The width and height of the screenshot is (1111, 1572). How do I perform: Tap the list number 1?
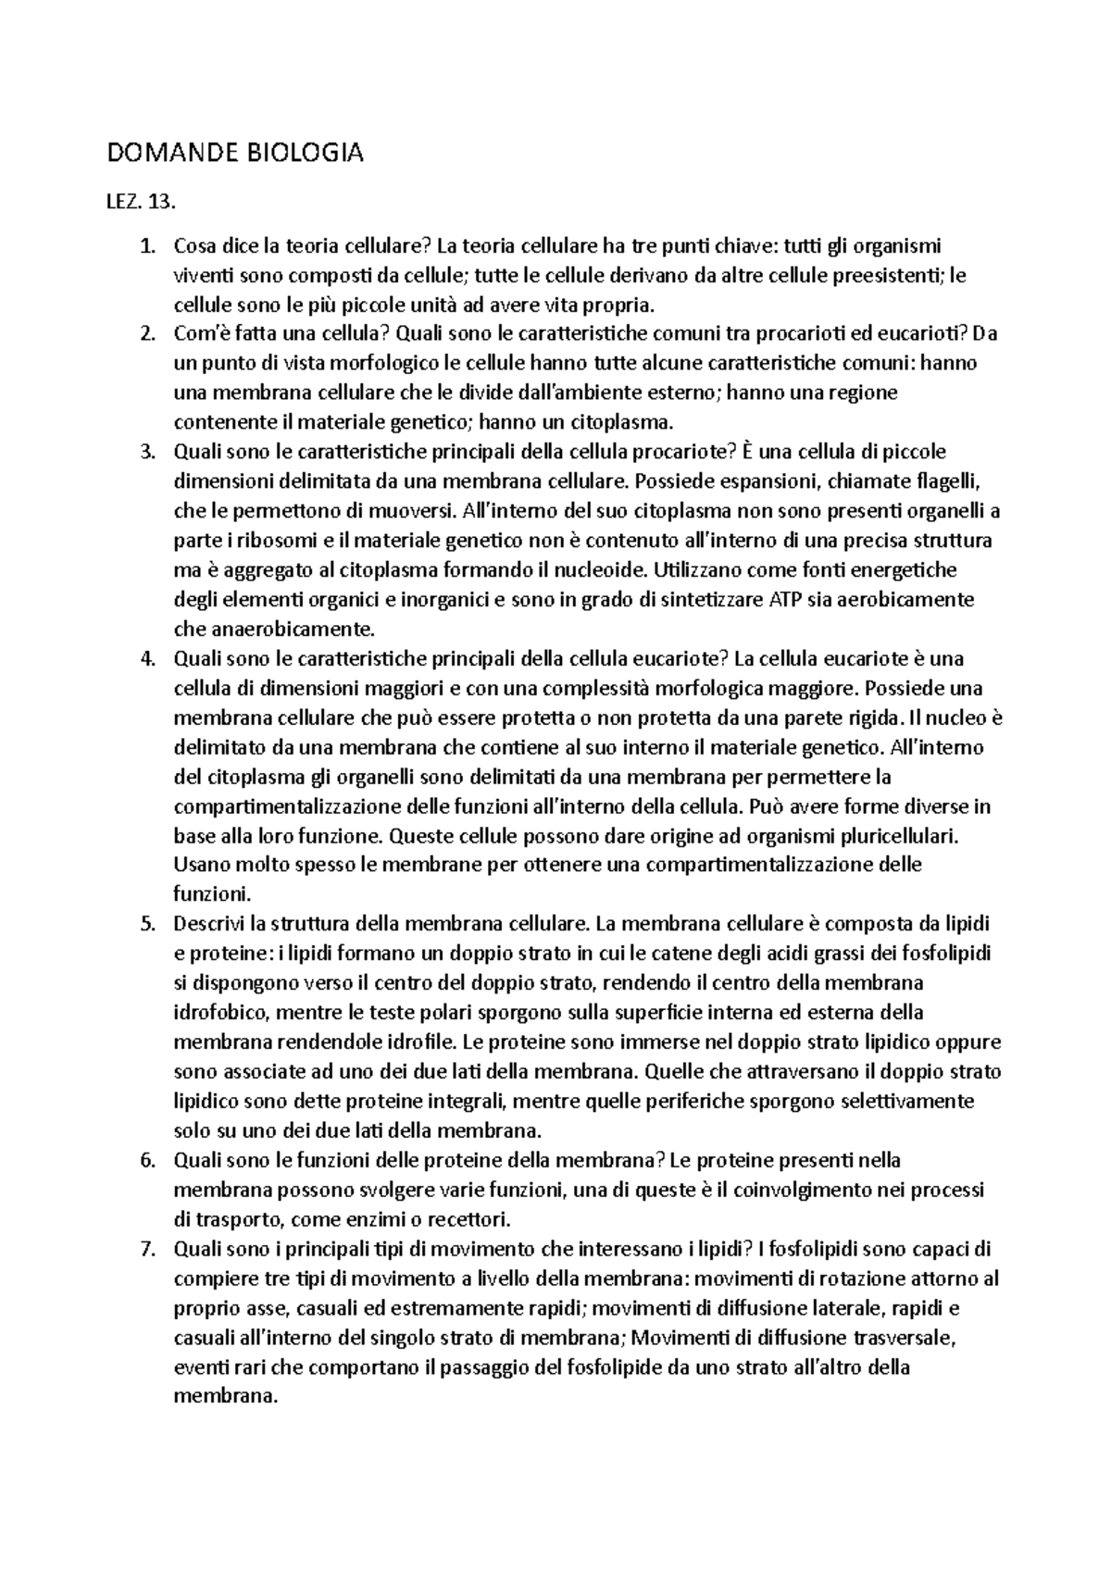[144, 246]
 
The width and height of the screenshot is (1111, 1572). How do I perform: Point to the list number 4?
[144, 659]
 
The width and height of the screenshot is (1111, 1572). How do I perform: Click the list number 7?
[144, 1249]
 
